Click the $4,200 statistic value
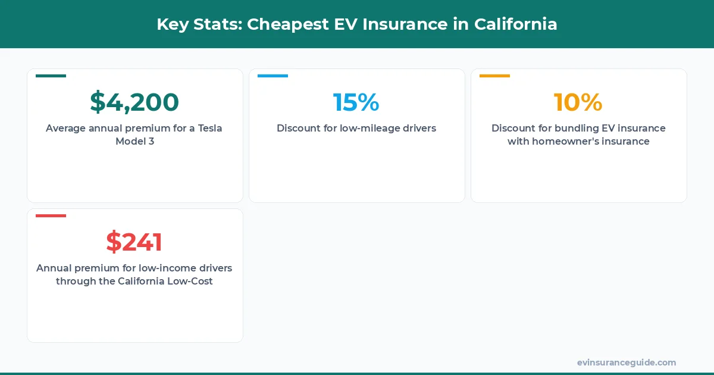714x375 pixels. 134,102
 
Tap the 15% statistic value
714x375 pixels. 356,102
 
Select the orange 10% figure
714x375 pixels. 578,102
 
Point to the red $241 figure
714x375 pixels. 134,242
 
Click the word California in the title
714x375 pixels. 516,24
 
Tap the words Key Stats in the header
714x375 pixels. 198,24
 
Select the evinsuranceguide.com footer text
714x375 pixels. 627,362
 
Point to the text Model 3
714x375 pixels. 134,142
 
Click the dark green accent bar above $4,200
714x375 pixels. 51,76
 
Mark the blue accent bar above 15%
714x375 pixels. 273,76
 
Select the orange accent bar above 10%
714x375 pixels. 494,76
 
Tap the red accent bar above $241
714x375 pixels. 51,215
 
